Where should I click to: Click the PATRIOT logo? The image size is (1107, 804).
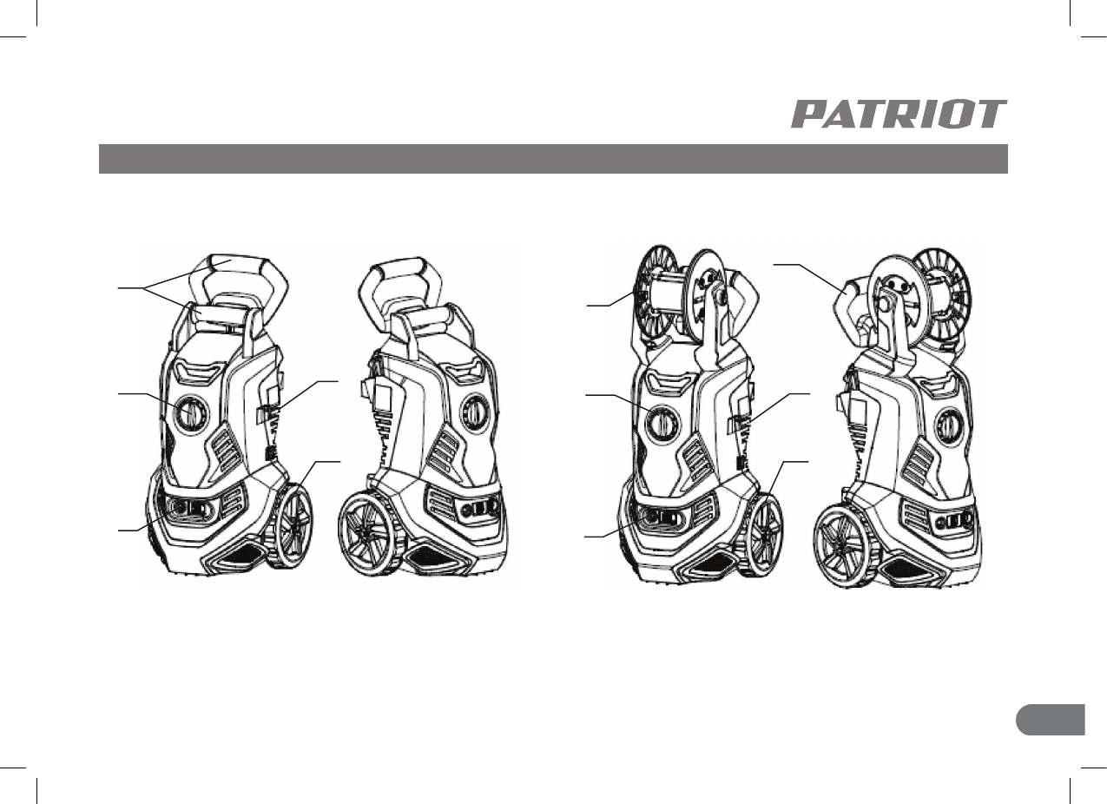[899, 114]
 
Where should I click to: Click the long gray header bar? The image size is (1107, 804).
[554, 159]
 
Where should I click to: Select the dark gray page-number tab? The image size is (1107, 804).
[1051, 720]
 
